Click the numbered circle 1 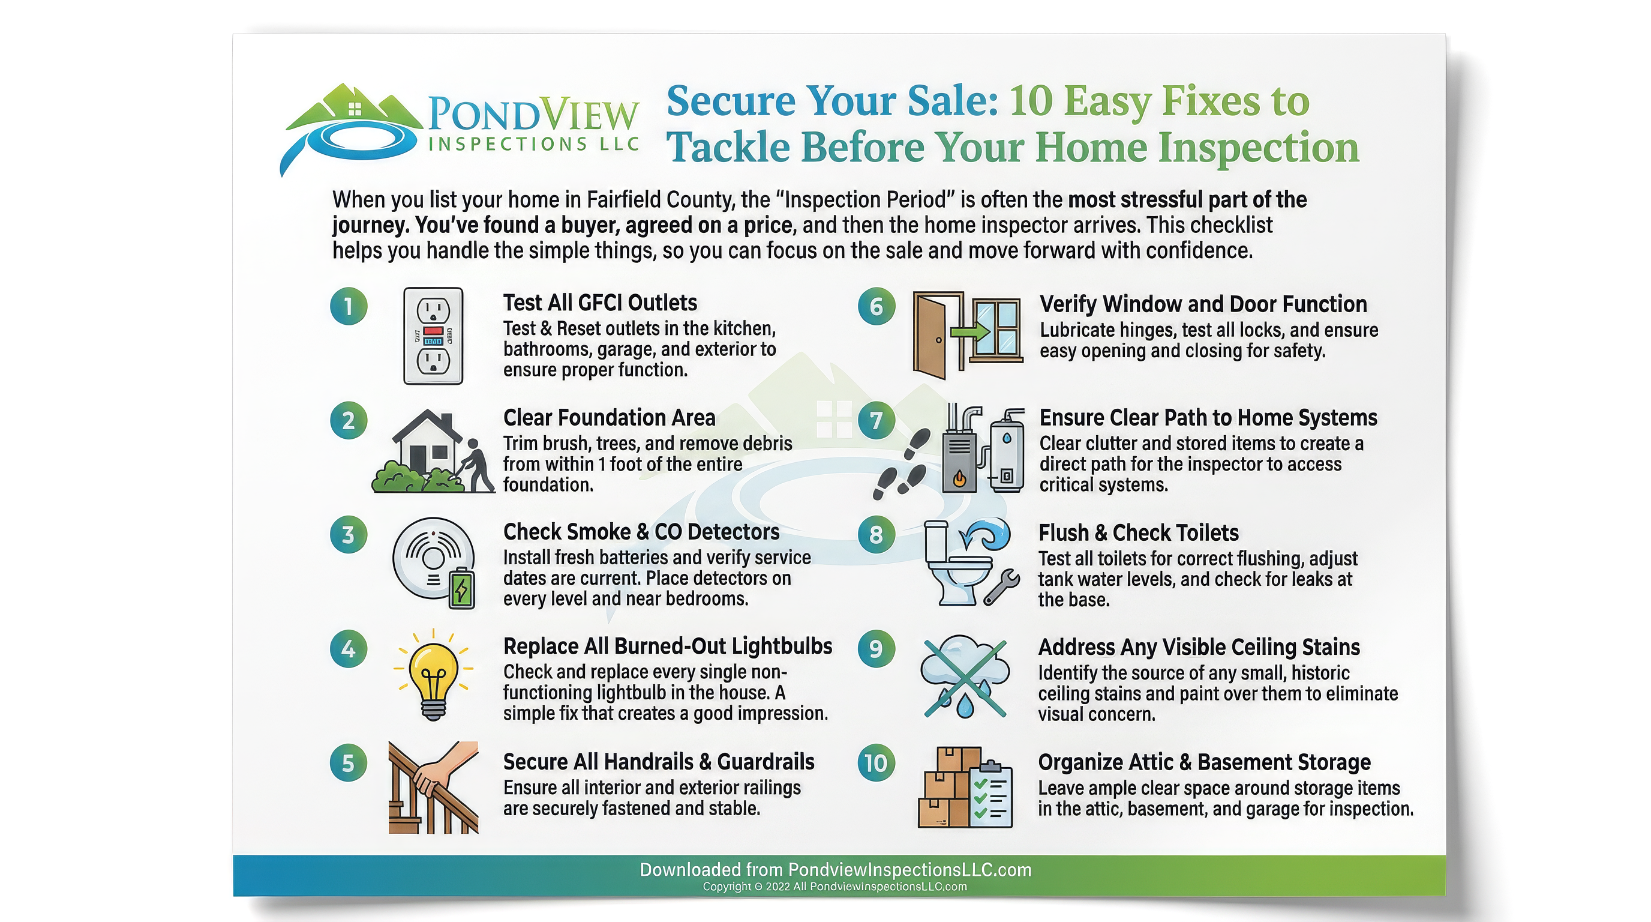(349, 307)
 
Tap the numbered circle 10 (875, 763)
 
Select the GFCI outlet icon (433, 336)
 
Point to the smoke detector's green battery (462, 589)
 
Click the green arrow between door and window (969, 331)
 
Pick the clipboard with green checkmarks (991, 795)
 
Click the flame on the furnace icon (959, 478)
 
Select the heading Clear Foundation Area (609, 418)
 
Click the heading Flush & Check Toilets (1138, 533)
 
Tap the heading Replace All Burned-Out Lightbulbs (667, 646)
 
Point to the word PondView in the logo (533, 114)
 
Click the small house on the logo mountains (355, 109)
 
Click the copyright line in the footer (834, 887)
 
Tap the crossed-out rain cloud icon (965, 677)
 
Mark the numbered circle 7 (875, 421)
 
